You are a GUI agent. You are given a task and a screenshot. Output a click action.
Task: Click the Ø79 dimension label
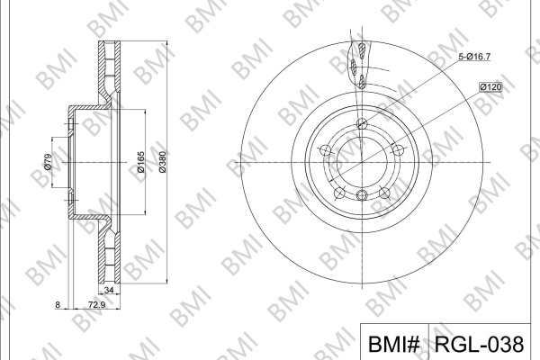click(x=48, y=162)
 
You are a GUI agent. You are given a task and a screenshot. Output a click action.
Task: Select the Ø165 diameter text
click(x=140, y=162)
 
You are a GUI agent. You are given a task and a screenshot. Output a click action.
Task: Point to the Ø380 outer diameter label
click(x=162, y=162)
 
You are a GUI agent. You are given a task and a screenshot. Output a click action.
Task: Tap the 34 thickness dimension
click(x=109, y=290)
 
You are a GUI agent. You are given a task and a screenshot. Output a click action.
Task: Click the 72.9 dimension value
click(x=96, y=304)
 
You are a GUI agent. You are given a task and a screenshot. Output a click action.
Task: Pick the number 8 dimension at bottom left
click(x=58, y=304)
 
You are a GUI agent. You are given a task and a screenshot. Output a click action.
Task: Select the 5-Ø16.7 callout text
click(x=474, y=57)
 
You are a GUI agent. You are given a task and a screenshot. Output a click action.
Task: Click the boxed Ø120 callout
click(x=491, y=87)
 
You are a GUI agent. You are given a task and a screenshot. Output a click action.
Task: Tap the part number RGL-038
click(x=479, y=344)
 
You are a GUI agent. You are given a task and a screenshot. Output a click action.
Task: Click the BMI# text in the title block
click(x=394, y=344)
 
